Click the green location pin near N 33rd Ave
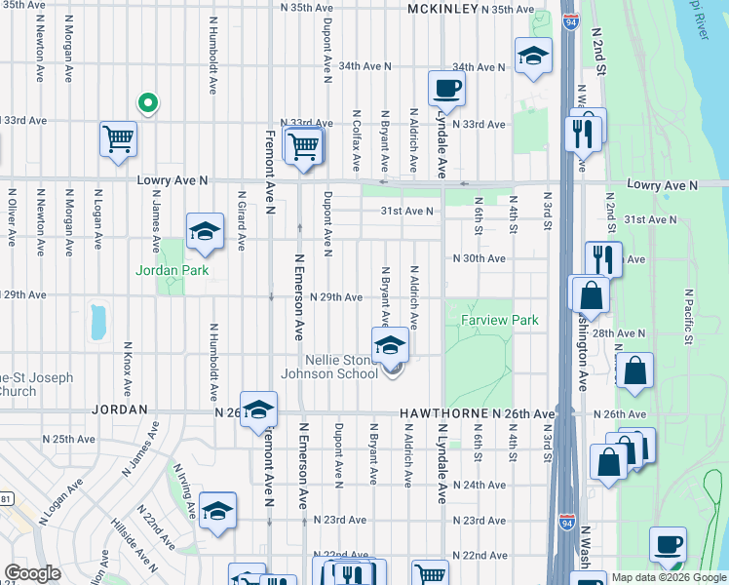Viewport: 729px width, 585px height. [147, 101]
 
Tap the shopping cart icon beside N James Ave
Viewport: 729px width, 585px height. [117, 138]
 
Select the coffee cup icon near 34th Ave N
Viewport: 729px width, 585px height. [446, 88]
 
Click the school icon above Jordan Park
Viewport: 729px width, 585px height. [205, 231]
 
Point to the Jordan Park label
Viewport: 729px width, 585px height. [173, 270]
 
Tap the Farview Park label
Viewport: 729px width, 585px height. [485, 320]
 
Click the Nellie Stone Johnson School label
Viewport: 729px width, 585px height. [329, 367]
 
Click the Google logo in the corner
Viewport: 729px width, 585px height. [32, 572]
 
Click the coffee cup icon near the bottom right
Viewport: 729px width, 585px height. [668, 545]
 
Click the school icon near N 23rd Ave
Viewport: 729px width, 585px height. [217, 510]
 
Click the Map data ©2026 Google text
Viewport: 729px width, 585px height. [669, 576]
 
